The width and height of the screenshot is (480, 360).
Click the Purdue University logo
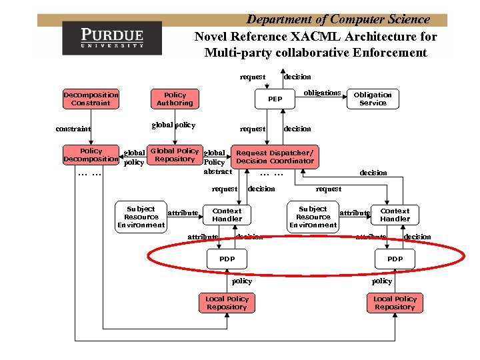tap(112, 37)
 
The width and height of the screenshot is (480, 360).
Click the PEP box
tap(275, 99)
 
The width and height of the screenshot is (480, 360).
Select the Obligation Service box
tap(373, 99)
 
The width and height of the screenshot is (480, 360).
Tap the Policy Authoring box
tap(175, 99)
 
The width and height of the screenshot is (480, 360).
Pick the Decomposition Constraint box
tap(91, 99)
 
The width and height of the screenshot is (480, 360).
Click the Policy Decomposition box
tap(91, 155)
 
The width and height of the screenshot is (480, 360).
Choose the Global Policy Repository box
tap(175, 155)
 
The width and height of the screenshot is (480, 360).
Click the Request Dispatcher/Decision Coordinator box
tap(275, 157)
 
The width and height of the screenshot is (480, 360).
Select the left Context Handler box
tap(227, 215)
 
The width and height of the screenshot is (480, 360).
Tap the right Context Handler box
tap(395, 215)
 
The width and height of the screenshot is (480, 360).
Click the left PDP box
tap(227, 258)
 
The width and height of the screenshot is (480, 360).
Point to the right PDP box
tap(395, 258)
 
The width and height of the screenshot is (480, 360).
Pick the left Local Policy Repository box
tap(227, 303)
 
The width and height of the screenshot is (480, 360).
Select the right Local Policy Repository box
tap(395, 303)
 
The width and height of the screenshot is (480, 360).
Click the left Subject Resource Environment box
tap(141, 217)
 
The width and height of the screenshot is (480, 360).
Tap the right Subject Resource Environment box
tap(313, 217)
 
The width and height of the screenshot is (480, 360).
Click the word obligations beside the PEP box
tap(322, 93)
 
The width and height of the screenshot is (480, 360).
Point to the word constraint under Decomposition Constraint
tap(74, 129)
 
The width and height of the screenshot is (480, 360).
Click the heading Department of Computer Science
tap(338, 19)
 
